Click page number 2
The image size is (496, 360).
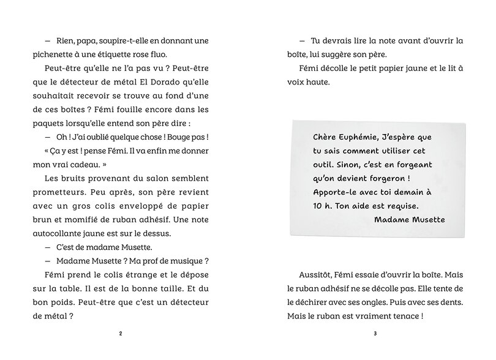tap(121, 334)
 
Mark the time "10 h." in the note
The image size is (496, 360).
tap(321, 206)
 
